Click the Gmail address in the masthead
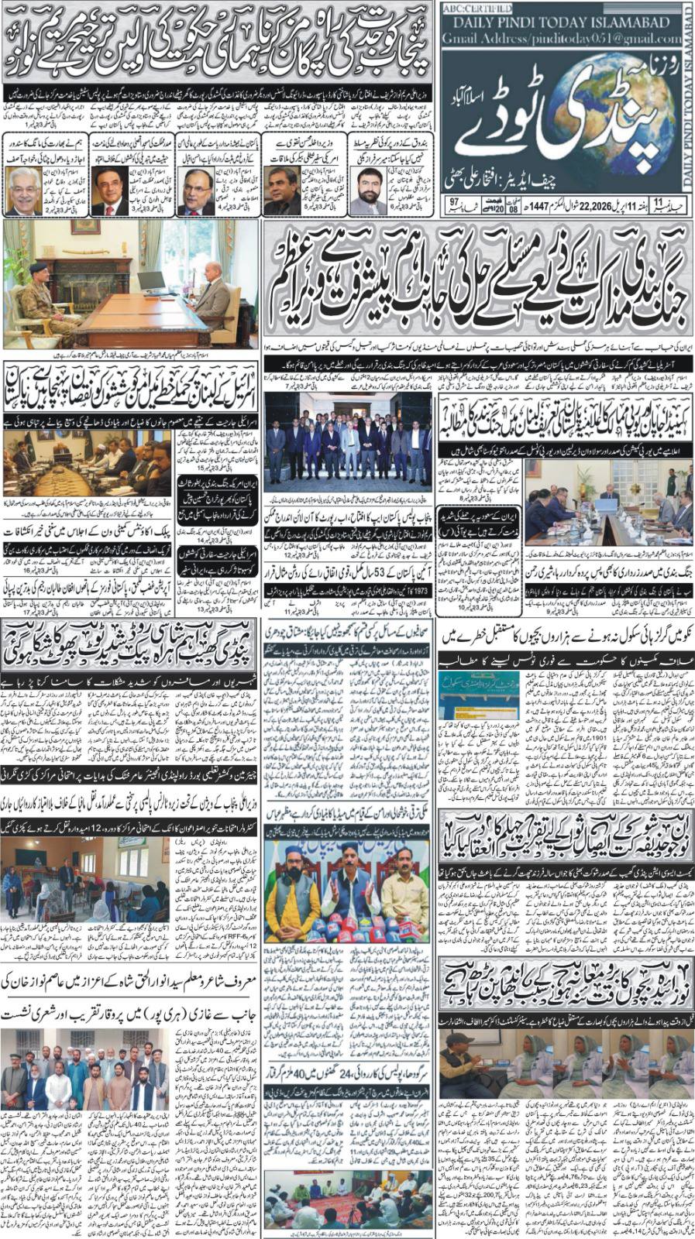point(563,38)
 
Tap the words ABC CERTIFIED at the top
point(473,9)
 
